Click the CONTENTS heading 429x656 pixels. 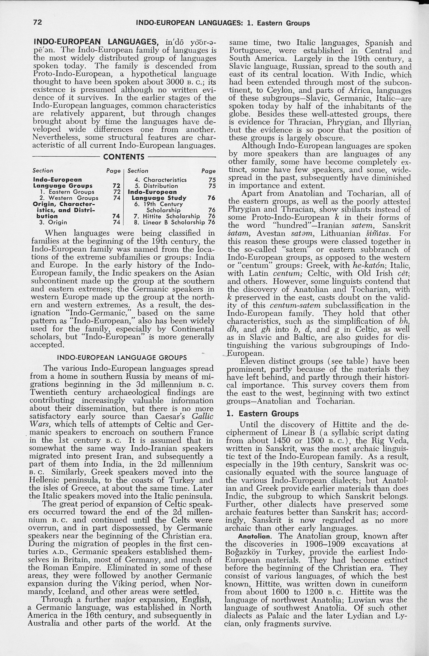pos(124,157)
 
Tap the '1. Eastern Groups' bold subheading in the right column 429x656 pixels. pos(262,413)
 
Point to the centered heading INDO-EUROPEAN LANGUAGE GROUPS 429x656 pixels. pos(122,358)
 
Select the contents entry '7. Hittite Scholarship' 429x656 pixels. pos(167,216)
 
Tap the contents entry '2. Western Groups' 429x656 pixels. pos(69,198)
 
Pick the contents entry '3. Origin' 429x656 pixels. pos(53,222)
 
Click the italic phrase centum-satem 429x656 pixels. pos(295,305)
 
